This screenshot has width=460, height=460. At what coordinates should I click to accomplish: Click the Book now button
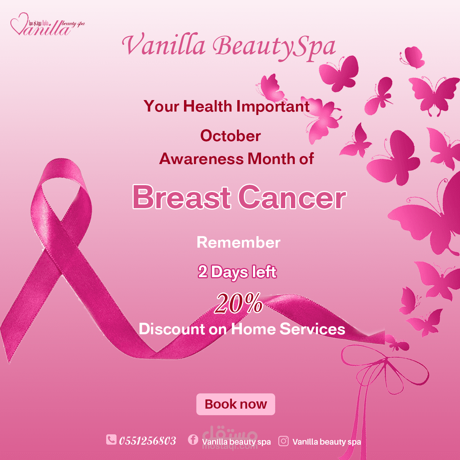[x=236, y=404]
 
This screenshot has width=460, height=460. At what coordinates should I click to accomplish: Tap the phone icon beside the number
[x=111, y=439]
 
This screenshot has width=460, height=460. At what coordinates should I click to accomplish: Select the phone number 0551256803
[x=148, y=441]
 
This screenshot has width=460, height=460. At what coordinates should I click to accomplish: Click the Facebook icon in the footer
[x=193, y=439]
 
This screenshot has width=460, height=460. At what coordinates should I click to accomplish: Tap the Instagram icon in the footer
[x=283, y=441]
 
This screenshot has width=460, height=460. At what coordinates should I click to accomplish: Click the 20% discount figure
[x=238, y=303]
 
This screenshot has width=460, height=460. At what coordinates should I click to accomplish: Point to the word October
[x=230, y=136]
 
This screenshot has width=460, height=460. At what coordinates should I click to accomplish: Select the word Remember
[x=238, y=243]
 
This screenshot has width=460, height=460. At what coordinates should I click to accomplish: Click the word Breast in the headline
[x=181, y=198]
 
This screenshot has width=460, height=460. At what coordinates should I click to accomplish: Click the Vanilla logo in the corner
[x=47, y=24]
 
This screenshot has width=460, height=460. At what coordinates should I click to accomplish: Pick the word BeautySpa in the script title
[x=274, y=47]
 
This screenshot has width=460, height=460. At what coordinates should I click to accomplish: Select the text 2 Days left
[x=237, y=272]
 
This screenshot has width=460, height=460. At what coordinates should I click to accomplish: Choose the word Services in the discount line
[x=312, y=329]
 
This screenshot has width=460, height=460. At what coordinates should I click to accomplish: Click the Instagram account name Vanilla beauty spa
[x=327, y=442]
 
